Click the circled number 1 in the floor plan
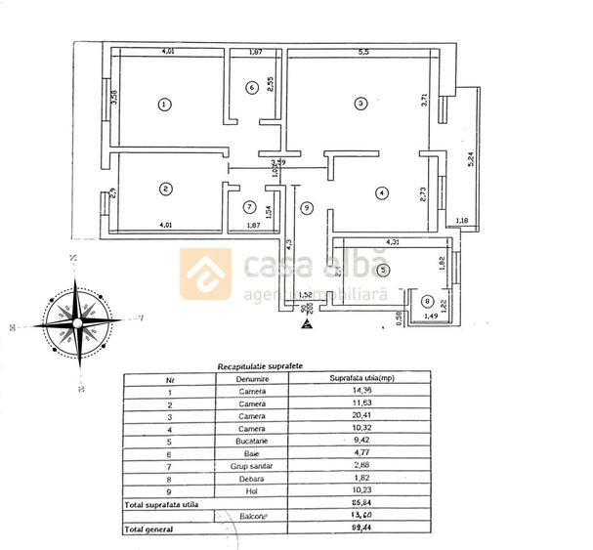point(164,104)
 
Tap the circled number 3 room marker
point(360,103)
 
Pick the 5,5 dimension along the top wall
point(363,52)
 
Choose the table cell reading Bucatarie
point(251,442)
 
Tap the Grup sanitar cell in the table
point(251,467)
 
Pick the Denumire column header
point(251,378)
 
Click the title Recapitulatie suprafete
point(259,365)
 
